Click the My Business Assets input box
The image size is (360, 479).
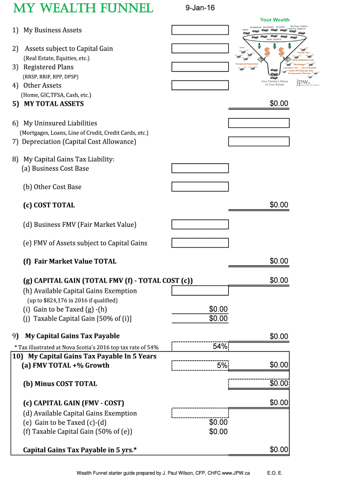[x=200, y=30]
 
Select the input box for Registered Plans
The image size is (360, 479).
[x=200, y=67]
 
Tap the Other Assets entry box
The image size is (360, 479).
[x=200, y=85]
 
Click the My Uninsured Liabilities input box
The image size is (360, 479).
[x=259, y=123]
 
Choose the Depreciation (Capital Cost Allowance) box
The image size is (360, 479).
[x=259, y=141]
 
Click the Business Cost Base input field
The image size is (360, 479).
[x=200, y=168]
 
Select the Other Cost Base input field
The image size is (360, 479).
[x=200, y=187]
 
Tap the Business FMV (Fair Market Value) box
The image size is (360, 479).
[x=200, y=225]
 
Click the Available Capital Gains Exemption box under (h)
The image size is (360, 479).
[x=200, y=290]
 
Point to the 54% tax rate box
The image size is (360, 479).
[x=200, y=347]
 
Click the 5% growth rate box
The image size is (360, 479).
[x=200, y=365]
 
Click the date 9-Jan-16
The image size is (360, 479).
[x=200, y=8]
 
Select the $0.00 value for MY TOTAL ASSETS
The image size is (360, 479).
[x=279, y=103]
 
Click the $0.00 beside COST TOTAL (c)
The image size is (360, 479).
[x=279, y=205]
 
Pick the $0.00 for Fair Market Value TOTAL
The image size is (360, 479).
[x=279, y=261]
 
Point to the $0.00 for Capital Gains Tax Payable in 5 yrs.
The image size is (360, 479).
[x=279, y=450]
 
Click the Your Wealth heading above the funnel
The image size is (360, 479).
[x=274, y=20]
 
